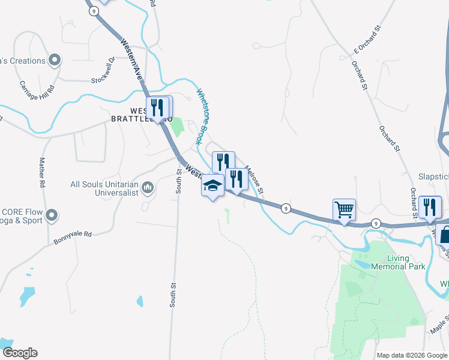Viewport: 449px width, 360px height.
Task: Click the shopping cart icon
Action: [344, 211]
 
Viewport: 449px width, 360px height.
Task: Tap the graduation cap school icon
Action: [212, 186]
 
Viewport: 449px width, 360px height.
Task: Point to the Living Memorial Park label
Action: [398, 262]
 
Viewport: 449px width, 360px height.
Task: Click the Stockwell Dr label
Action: [103, 71]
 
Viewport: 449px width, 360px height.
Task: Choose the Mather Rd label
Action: [43, 173]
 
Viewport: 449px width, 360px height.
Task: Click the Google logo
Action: [19, 353]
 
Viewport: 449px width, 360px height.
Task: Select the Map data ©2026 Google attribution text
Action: [411, 355]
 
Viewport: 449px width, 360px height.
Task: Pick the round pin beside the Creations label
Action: [55, 60]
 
